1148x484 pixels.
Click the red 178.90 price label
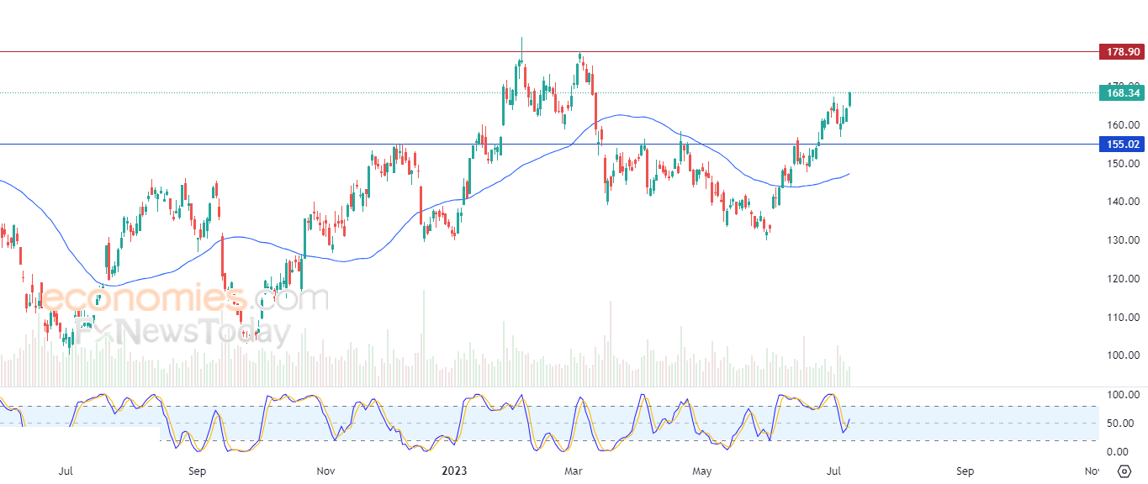click(x=1121, y=52)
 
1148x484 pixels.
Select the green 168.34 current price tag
click(x=1121, y=93)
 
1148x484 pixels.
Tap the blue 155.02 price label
click(x=1121, y=145)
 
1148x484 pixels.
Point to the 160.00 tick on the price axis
click(x=1123, y=125)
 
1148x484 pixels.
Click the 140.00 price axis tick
click(x=1123, y=202)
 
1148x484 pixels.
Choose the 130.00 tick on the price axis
click(x=1123, y=240)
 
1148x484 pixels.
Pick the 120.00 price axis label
click(x=1123, y=279)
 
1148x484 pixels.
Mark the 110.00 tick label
click(x=1123, y=318)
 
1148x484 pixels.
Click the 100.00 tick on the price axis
click(x=1123, y=355)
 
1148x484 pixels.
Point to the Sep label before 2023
click(x=197, y=471)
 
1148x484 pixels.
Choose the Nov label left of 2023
click(x=326, y=471)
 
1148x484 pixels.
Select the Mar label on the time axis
click(x=574, y=471)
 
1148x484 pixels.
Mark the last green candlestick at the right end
click(x=850, y=98)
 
